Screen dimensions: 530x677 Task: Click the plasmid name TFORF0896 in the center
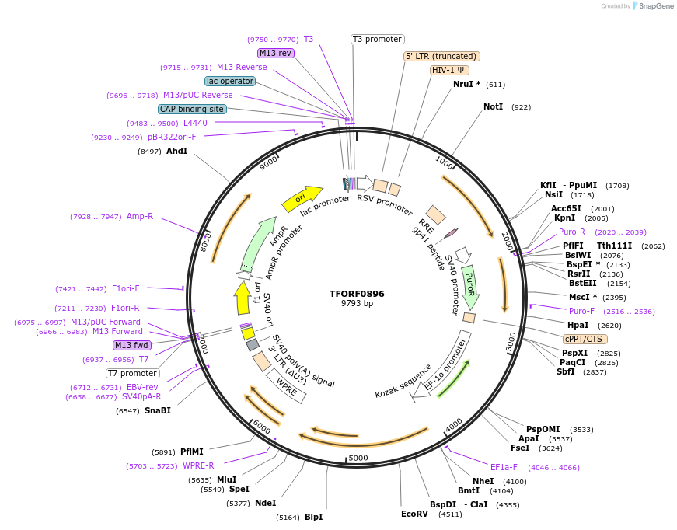(357, 294)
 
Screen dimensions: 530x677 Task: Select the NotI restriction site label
(494, 106)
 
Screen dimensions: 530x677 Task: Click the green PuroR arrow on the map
(470, 286)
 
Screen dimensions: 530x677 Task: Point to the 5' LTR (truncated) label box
(441, 56)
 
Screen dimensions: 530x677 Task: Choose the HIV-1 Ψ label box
(449, 70)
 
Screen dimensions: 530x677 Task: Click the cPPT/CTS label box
(585, 339)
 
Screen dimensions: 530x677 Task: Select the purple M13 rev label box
(275, 53)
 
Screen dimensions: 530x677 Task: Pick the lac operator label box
(230, 81)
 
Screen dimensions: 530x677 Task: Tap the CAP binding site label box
(192, 109)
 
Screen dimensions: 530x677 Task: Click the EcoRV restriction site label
(414, 514)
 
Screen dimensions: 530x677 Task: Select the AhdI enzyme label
(176, 151)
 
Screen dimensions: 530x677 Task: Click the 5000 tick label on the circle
(358, 458)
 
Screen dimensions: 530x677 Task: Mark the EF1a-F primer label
(504, 467)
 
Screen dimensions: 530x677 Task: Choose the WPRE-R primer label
(198, 465)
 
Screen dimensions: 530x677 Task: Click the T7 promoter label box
(133, 373)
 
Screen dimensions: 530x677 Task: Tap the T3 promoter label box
(378, 39)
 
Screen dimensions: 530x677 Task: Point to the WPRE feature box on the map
(286, 385)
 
